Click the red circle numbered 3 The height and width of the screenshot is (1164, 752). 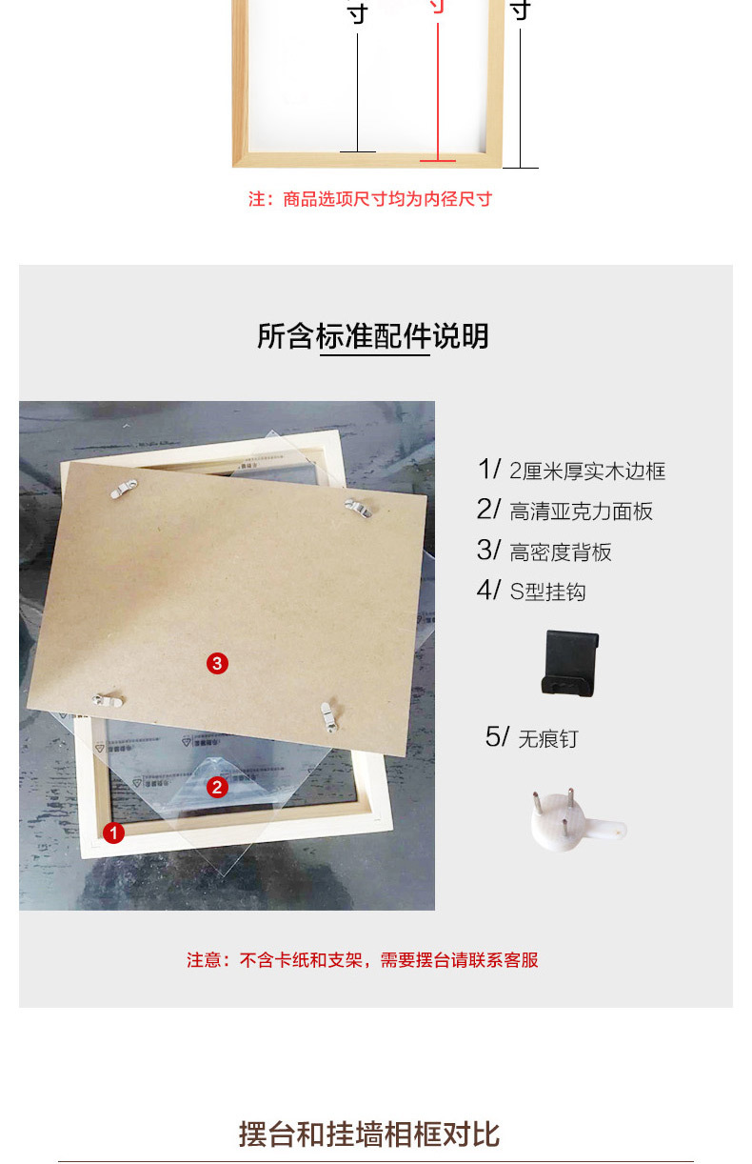[218, 663]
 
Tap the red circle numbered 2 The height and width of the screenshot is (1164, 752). [217, 787]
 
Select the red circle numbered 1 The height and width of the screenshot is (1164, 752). [114, 833]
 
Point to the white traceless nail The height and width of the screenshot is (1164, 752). [577, 820]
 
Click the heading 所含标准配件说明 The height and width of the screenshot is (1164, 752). [373, 336]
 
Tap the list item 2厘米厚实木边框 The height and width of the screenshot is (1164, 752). [586, 471]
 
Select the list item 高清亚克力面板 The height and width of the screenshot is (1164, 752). [581, 512]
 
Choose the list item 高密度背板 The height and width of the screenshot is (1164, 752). [560, 552]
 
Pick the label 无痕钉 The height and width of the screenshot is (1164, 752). [547, 738]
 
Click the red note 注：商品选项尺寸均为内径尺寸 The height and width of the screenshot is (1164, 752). [370, 199]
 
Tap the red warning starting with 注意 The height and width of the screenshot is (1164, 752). [363, 960]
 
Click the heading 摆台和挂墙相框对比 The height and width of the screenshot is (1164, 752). [369, 1134]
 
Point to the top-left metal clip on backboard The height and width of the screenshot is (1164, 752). [119, 491]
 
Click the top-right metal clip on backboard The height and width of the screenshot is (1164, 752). [357, 509]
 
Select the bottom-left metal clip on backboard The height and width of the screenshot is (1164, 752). [108, 701]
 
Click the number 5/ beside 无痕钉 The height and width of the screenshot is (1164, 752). [498, 736]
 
